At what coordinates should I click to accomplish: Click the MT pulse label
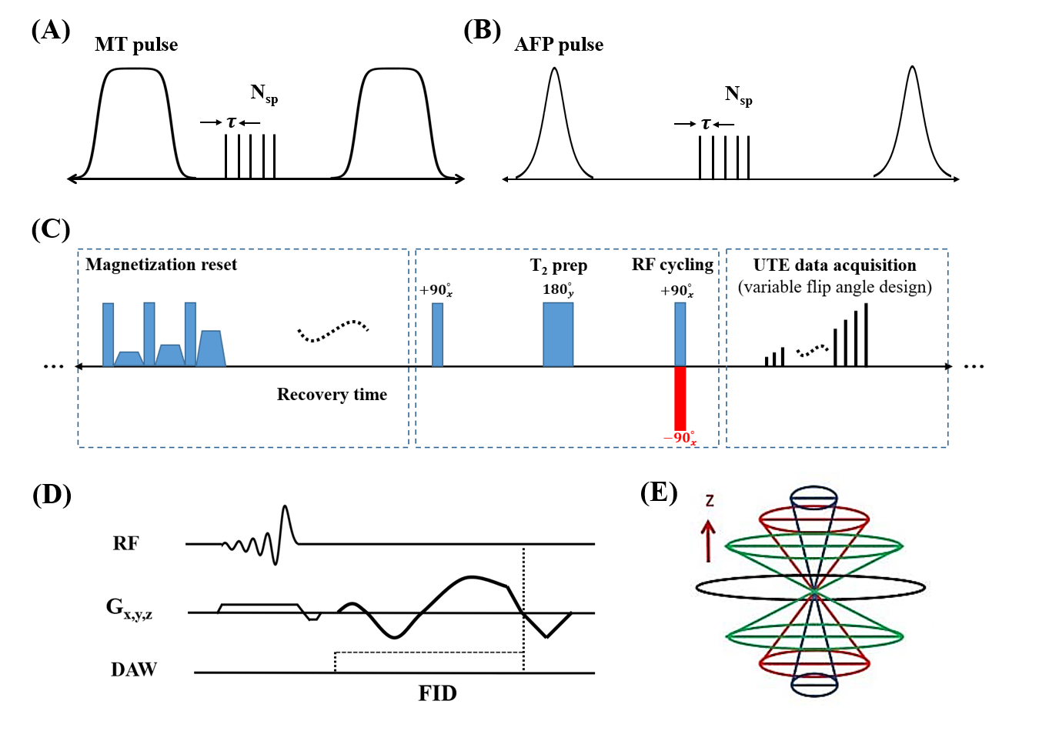click(x=136, y=45)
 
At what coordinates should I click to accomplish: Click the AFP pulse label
click(x=559, y=45)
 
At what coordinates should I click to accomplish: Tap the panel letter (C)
click(x=51, y=229)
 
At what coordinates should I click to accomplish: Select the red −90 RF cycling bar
click(x=680, y=398)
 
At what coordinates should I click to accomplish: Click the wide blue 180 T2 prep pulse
click(x=558, y=334)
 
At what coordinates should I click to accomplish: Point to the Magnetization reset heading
click(x=162, y=265)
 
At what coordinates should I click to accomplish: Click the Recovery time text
click(x=332, y=395)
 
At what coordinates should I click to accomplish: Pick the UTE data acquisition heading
click(x=834, y=265)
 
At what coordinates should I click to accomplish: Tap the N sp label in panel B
click(x=738, y=95)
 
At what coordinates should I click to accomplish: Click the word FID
click(x=437, y=693)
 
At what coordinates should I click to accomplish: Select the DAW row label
click(x=133, y=669)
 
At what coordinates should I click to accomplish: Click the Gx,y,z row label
click(x=129, y=609)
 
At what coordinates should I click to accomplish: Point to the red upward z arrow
click(x=709, y=540)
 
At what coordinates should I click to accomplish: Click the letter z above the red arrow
click(x=710, y=500)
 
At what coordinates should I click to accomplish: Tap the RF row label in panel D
click(x=125, y=543)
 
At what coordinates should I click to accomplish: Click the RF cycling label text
click(x=672, y=265)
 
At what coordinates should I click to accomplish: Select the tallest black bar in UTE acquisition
click(x=866, y=335)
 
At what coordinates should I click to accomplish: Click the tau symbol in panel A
click(x=231, y=122)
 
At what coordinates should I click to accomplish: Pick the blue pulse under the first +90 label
click(x=437, y=334)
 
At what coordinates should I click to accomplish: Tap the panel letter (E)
click(x=659, y=492)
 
